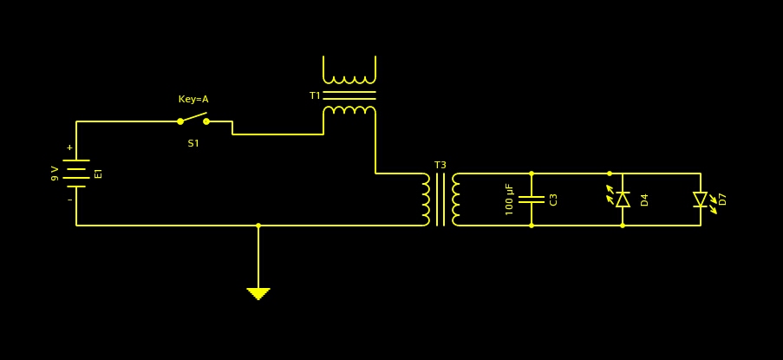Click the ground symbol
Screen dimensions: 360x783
point(258,293)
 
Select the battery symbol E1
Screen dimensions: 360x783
point(76,173)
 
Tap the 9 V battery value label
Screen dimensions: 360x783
point(55,173)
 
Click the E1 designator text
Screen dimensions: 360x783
point(98,173)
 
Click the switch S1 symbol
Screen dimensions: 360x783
point(193,120)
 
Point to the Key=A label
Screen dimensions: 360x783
point(193,99)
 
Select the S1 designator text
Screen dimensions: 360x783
point(193,143)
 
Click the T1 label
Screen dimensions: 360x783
point(315,95)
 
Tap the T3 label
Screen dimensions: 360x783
point(440,165)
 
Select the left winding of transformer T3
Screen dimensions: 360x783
point(426,200)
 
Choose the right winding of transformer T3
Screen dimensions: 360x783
point(456,200)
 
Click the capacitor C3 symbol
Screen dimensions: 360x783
point(532,200)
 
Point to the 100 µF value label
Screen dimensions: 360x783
point(510,200)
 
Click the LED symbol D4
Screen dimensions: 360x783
point(621,199)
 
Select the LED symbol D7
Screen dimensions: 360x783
point(701,200)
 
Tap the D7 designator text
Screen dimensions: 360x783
point(723,200)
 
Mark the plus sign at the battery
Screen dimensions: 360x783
point(69,147)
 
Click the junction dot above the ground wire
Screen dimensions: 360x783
point(258,226)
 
